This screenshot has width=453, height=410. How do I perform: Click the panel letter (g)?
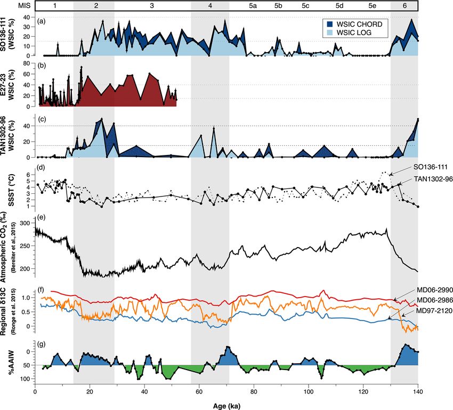click(x=41, y=345)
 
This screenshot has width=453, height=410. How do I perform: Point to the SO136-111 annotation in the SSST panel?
click(x=421, y=167)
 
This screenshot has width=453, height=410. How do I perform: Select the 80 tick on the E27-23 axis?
click(x=27, y=63)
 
